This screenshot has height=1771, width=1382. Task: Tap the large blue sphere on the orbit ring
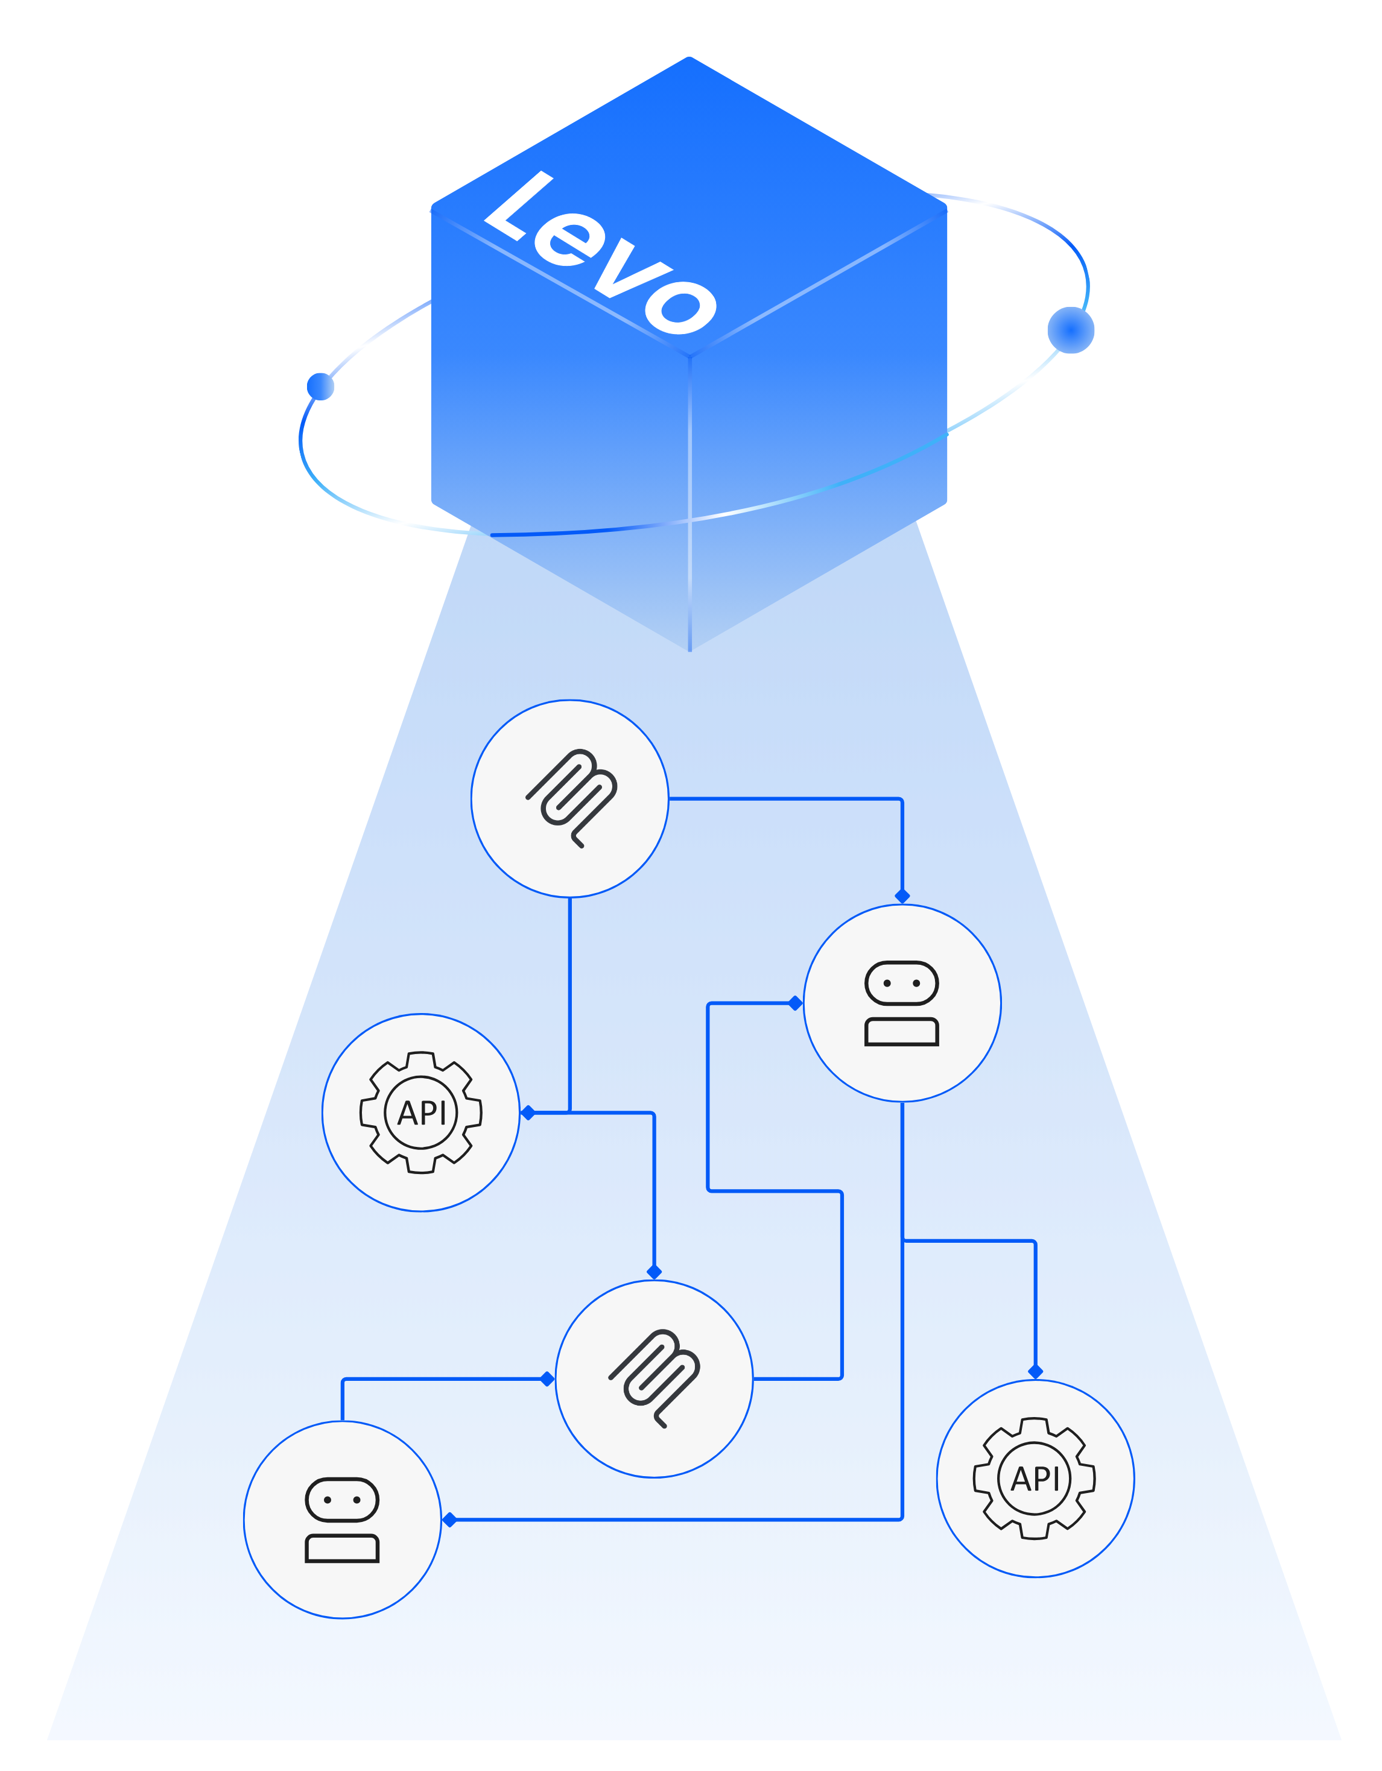(x=1071, y=330)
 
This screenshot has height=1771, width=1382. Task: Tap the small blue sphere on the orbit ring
(x=320, y=386)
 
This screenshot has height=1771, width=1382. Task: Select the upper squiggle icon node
(x=570, y=799)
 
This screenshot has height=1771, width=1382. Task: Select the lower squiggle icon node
(x=654, y=1378)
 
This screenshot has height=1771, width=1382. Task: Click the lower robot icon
(x=342, y=1520)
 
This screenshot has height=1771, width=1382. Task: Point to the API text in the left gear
(x=422, y=1113)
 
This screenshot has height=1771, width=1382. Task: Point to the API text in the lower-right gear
(x=1035, y=1479)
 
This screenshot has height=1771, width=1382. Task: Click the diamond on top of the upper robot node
(x=902, y=895)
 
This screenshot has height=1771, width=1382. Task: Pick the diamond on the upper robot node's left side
(x=796, y=1003)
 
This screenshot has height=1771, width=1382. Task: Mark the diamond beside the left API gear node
(x=528, y=1113)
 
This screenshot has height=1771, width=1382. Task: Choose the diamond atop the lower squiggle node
(x=655, y=1272)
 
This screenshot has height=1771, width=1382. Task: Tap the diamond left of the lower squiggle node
(x=548, y=1378)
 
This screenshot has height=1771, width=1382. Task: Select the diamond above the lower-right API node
(x=1035, y=1371)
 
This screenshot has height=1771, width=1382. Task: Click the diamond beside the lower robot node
(x=450, y=1520)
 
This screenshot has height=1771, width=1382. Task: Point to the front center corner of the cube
(x=689, y=355)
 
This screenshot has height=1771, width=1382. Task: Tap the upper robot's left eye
(x=887, y=983)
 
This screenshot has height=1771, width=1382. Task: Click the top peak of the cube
(x=688, y=59)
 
